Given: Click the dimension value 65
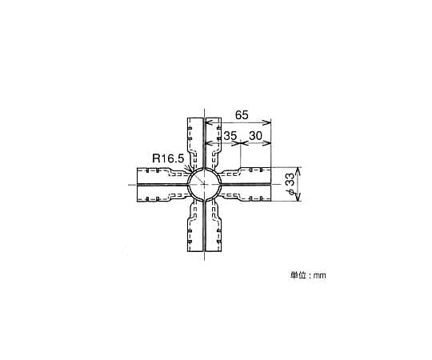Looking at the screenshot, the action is tap(242, 115).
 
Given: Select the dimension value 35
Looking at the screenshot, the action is tap(230, 136).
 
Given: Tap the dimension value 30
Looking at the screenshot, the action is tap(256, 136).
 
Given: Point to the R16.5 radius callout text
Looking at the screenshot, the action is tap(168, 158).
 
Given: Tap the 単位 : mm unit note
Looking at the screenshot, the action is tap(308, 275).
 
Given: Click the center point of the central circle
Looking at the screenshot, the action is tap(204, 184).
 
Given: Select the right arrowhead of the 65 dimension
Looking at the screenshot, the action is tap(268, 123).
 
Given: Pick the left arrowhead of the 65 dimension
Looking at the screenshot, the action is tap(208, 123).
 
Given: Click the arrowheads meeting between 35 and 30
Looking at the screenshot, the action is tap(241, 143).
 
